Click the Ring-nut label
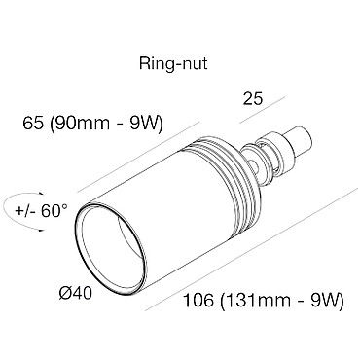(173, 64)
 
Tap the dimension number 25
(252, 98)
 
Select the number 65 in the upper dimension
(33, 124)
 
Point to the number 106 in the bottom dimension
(198, 301)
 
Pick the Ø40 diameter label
(76, 294)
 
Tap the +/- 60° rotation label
(41, 211)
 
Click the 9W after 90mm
(144, 124)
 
